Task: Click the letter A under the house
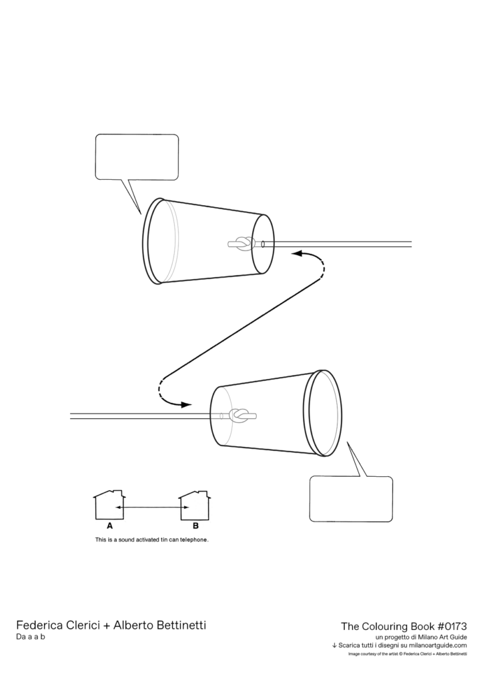pyautogui.click(x=110, y=526)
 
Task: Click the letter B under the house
pyautogui.click(x=195, y=526)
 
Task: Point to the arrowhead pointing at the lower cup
pyautogui.click(x=186, y=405)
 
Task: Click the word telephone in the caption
pyautogui.click(x=194, y=540)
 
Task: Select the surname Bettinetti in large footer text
pyautogui.click(x=179, y=625)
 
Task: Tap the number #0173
pyautogui.click(x=452, y=626)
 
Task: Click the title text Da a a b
pyautogui.click(x=31, y=637)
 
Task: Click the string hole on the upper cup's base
pyautogui.click(x=263, y=244)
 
